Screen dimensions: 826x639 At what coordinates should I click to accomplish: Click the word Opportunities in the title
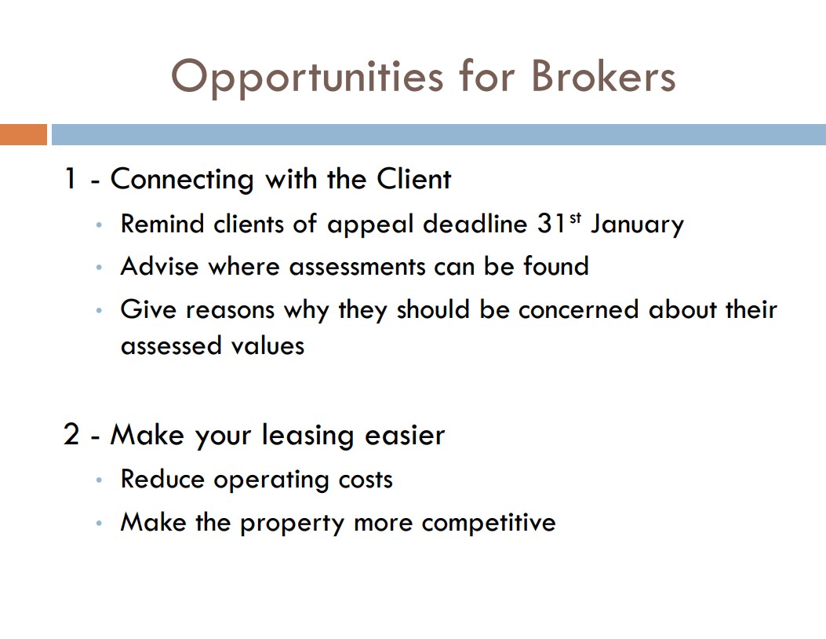point(307,78)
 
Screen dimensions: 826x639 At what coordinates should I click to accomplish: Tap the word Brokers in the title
point(603,75)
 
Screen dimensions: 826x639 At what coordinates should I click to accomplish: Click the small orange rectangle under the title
point(24,134)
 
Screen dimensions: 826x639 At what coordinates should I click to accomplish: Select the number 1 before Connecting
point(70,178)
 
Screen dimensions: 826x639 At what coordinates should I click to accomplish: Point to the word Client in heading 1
point(413,178)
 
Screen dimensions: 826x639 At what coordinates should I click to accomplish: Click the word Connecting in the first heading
point(182,179)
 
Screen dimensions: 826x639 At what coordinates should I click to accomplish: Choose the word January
point(637,225)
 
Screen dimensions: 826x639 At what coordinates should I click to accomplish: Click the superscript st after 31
point(575,217)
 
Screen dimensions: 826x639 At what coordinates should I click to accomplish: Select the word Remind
point(162,224)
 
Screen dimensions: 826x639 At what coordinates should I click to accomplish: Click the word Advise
point(159,266)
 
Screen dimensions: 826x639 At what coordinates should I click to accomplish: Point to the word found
point(555,265)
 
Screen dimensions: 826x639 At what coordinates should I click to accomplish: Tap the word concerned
point(578,309)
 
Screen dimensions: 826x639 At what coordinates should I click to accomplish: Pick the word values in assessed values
point(267,346)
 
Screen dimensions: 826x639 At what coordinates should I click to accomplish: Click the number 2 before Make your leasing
point(71,434)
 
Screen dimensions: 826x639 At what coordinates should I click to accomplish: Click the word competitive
point(489,523)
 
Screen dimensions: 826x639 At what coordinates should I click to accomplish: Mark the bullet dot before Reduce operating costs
point(99,480)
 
